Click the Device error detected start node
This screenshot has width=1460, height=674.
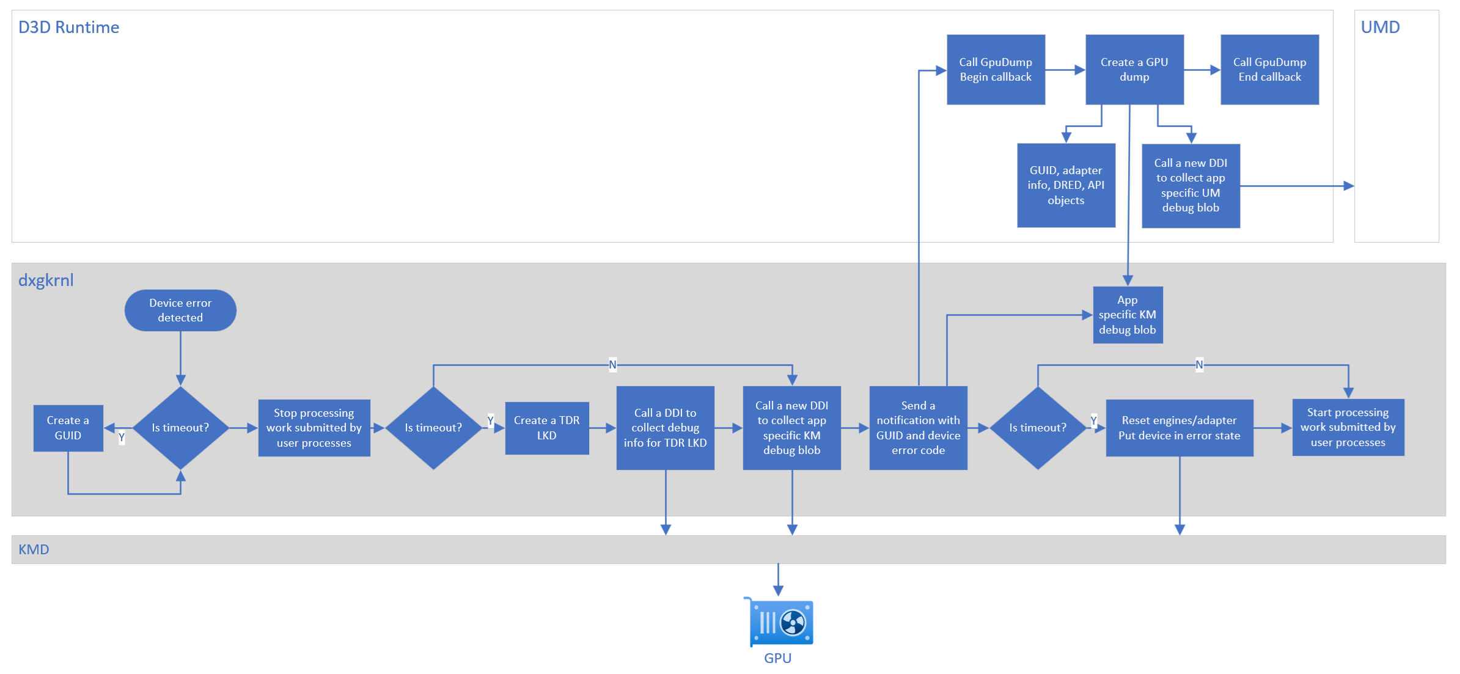point(180,310)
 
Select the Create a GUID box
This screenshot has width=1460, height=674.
point(68,428)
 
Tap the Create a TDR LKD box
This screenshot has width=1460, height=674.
point(547,428)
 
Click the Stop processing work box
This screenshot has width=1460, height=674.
point(314,428)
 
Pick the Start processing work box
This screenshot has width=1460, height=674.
point(1348,427)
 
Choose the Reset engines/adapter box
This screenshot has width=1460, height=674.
point(1179,428)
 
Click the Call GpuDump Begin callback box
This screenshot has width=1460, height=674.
point(996,70)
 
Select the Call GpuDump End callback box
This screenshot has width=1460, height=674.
point(1269,70)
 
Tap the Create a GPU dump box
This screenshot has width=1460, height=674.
point(1134,70)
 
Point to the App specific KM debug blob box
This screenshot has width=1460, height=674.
point(1128,315)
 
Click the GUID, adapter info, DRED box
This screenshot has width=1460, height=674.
point(1066,185)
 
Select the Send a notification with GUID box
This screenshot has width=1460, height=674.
point(918,428)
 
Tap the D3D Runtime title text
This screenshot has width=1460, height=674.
point(68,27)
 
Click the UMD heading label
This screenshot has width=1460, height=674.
point(1380,27)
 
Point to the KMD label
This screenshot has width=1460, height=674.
point(34,549)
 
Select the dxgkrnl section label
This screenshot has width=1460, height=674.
point(46,280)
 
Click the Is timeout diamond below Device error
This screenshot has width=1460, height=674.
point(180,428)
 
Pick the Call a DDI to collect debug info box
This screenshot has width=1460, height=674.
point(665,428)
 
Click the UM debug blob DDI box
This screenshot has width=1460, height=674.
point(1190,186)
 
